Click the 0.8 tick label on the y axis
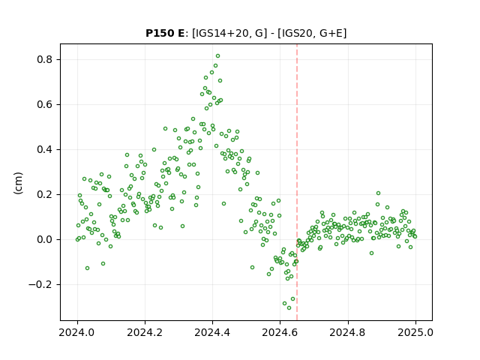[45, 59]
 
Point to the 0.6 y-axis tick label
[45, 104]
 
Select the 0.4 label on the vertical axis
[45, 149]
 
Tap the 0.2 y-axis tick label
[45, 194]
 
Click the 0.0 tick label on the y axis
[45, 239]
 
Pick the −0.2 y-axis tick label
[40, 284]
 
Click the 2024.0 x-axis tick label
[77, 332]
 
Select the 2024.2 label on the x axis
[145, 332]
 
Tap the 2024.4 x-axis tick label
[212, 332]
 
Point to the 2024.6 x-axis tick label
[280, 332]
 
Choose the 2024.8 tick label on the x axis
[348, 332]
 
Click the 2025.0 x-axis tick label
[415, 332]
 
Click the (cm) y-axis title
[18, 183]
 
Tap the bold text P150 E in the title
[165, 33]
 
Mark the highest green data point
[217, 56]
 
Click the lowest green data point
[289, 307]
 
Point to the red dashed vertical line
[297, 182]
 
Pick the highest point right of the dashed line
[378, 193]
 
